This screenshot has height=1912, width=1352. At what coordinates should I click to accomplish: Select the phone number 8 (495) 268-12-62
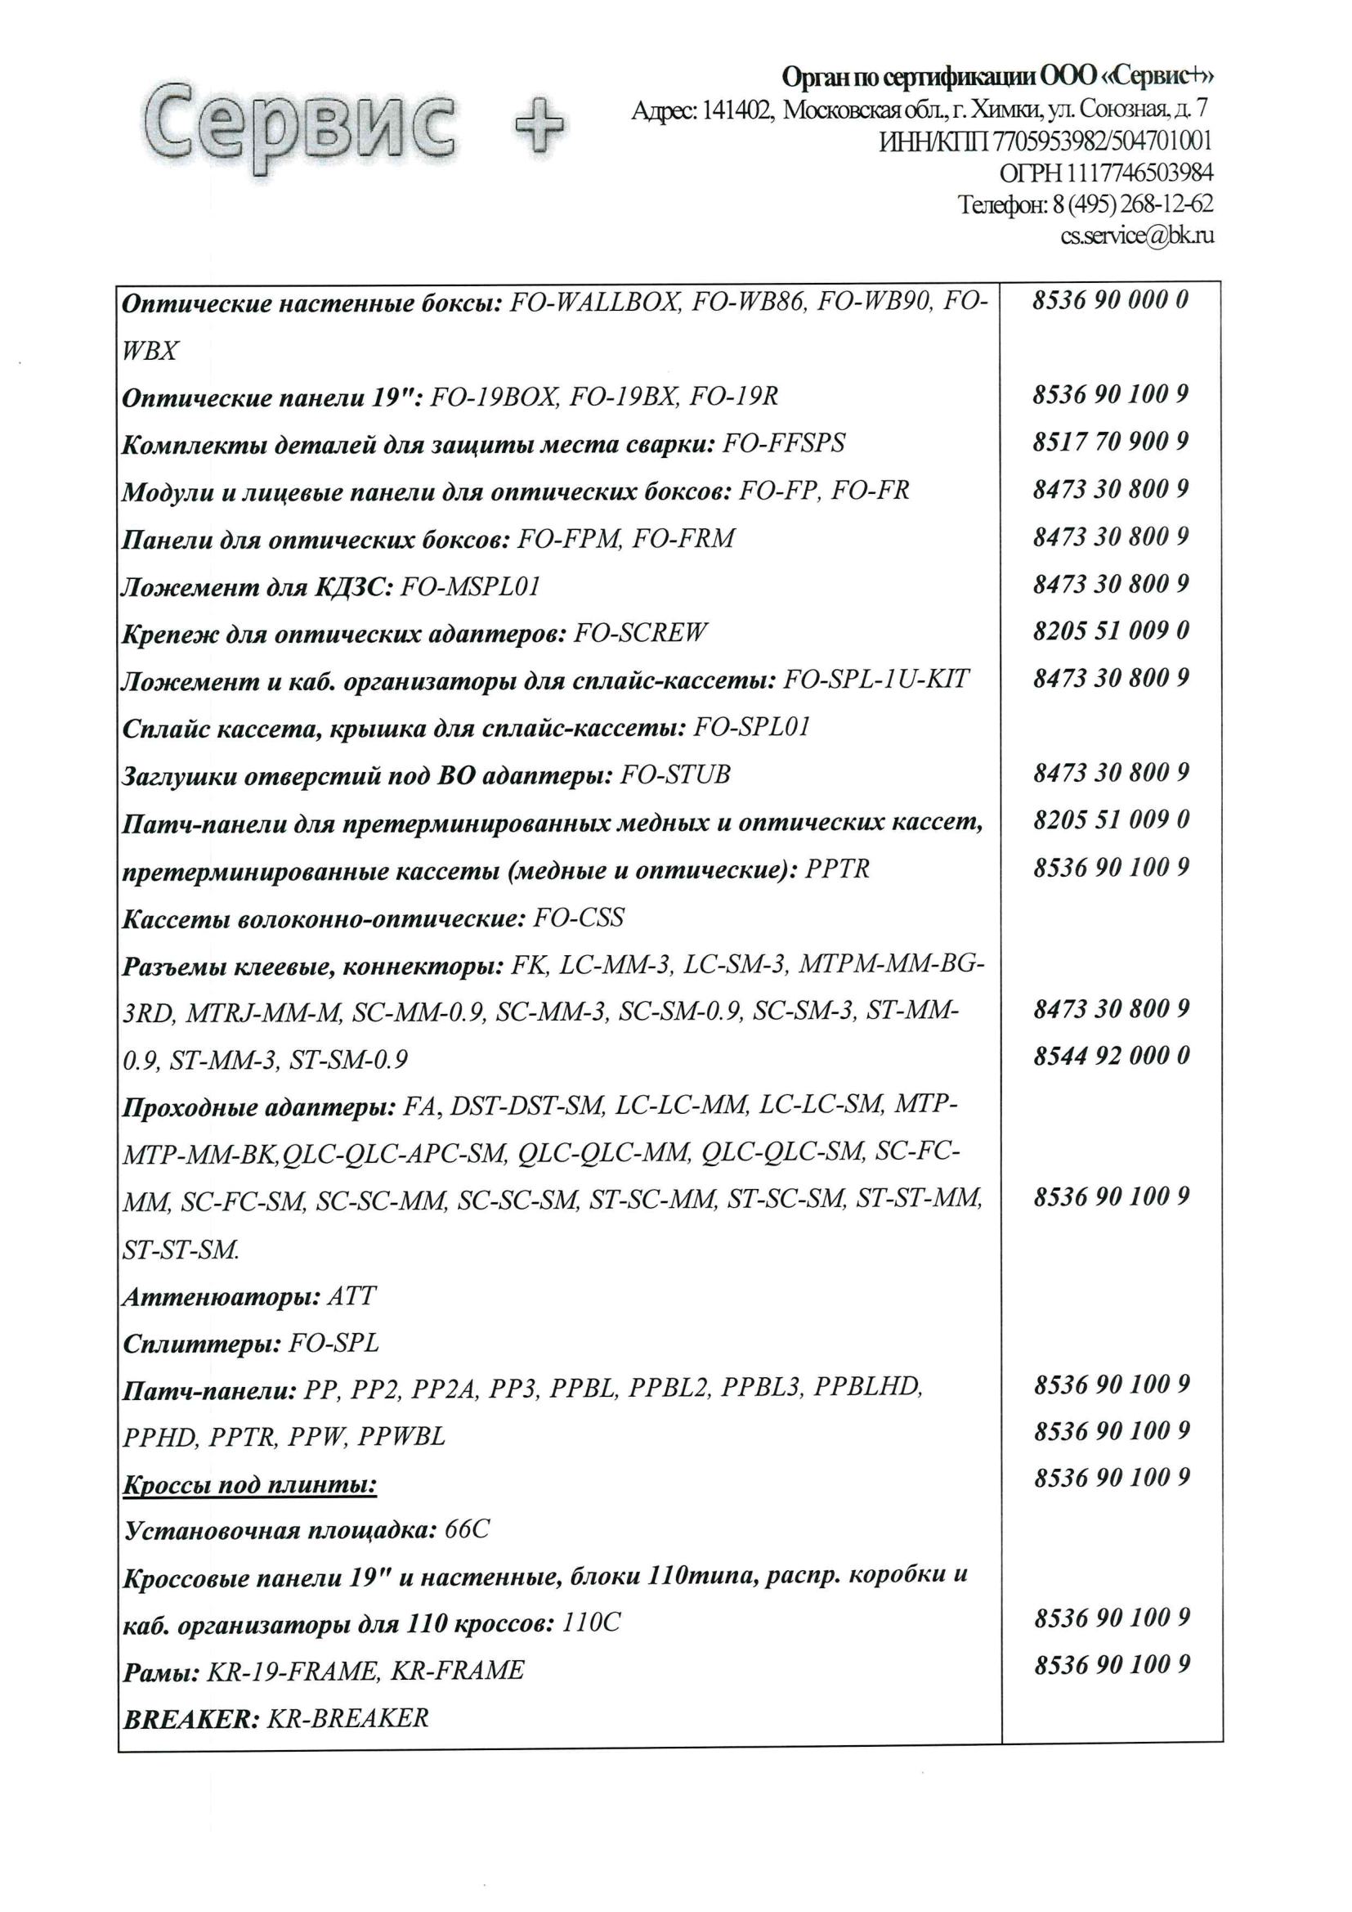(1132, 204)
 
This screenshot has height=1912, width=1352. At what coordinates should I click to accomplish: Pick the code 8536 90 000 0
(1111, 300)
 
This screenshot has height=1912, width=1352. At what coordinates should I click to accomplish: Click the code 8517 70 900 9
(1111, 442)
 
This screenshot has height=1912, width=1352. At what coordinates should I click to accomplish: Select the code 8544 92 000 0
(1112, 1056)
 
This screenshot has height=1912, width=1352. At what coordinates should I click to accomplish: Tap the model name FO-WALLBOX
(593, 303)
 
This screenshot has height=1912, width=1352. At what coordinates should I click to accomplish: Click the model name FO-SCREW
(640, 633)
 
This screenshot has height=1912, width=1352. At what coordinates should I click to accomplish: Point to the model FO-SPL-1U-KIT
(875, 680)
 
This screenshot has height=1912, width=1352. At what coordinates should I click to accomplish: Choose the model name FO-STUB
(675, 775)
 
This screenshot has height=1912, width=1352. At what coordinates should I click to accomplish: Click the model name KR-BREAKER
(347, 1718)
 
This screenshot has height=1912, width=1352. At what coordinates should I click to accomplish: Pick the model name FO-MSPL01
(470, 587)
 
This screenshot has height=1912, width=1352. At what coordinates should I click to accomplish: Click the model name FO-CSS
(579, 918)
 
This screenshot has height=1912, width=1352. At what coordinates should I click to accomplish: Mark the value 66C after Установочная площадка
(467, 1530)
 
